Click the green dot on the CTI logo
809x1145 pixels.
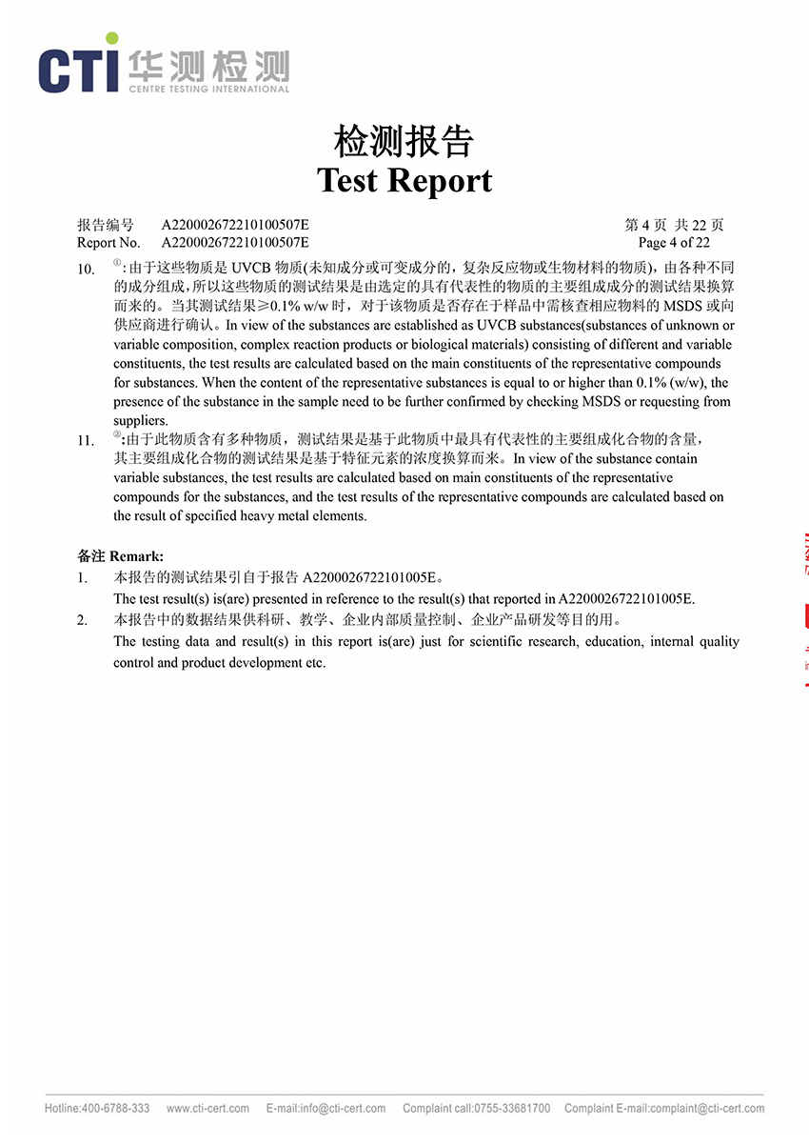[113, 39]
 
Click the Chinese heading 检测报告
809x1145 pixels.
[404, 142]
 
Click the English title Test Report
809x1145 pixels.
[404, 180]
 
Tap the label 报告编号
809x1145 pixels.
[105, 226]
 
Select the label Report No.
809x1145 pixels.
[109, 243]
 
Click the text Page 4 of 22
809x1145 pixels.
[674, 243]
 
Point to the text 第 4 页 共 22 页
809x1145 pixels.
[674, 226]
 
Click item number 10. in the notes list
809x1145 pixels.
[86, 270]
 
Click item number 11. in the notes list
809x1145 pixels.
[86, 441]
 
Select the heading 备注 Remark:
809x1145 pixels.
[120, 555]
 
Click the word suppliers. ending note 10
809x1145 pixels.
[140, 420]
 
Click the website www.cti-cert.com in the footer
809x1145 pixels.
[207, 1109]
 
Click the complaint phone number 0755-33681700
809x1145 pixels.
[513, 1109]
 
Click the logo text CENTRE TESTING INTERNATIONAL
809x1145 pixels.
[208, 90]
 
